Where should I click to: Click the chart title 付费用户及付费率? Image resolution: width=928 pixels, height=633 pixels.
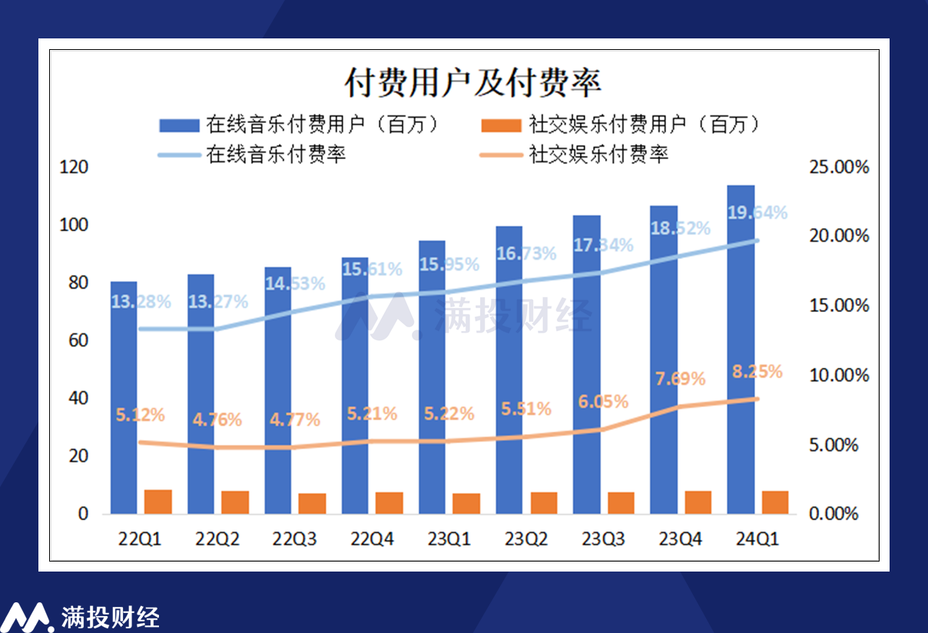pos(472,82)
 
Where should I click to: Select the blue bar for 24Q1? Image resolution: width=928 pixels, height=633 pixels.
pos(741,350)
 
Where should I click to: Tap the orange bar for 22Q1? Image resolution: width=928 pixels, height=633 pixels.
pos(158,502)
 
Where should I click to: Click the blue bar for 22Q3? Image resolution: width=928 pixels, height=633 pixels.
pos(278,390)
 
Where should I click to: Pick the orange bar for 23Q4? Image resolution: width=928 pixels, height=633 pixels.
pos(698,502)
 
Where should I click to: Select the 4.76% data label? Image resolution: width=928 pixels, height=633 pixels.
pos(217,420)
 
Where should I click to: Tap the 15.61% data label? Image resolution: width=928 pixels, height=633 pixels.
pos(372,269)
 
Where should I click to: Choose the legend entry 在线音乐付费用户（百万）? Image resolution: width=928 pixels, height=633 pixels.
pos(300,124)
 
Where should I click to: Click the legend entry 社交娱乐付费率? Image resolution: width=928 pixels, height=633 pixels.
pos(575,154)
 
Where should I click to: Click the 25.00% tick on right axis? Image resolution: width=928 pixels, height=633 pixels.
pos(839,167)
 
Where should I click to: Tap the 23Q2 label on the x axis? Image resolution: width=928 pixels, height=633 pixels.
pos(526,539)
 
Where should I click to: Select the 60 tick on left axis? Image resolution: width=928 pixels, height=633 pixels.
pos(79,341)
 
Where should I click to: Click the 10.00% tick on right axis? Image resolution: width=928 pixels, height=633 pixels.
pos(839,376)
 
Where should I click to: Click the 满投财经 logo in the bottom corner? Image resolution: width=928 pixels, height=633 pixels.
pos(81,616)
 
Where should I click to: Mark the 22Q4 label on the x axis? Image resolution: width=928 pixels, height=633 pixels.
pos(372,539)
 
